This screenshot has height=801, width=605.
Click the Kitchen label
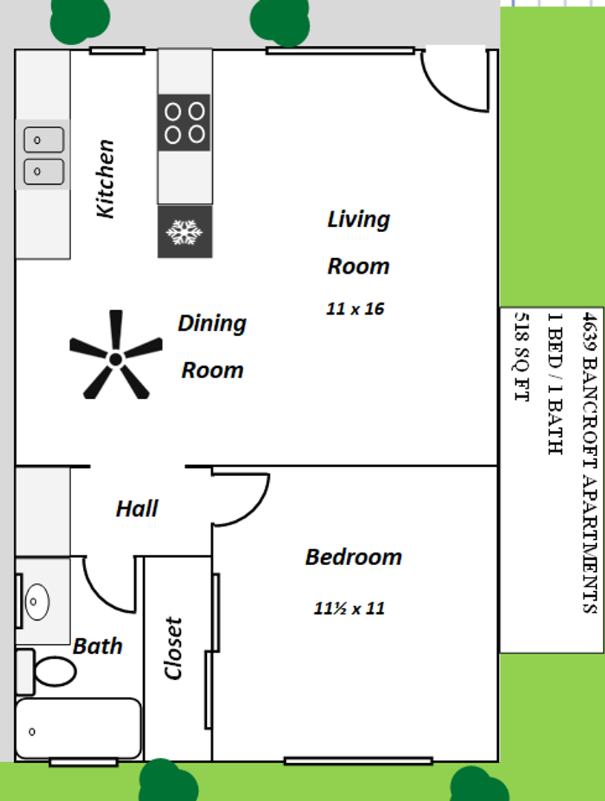105,179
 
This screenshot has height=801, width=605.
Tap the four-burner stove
184,122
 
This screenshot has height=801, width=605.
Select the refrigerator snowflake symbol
185,232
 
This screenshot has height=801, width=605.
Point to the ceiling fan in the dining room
116,355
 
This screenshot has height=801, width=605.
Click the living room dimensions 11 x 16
355,309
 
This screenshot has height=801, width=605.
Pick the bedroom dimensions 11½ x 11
349,608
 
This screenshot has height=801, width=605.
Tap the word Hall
137,508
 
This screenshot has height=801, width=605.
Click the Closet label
173,648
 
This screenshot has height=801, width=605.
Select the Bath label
98,646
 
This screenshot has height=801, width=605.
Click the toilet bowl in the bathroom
55,670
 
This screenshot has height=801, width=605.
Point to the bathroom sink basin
37,601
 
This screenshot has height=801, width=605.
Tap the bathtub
78,728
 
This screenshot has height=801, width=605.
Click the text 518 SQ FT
522,357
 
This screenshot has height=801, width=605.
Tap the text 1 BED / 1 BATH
555,383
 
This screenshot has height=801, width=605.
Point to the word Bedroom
354,557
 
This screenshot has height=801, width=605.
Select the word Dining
212,324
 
